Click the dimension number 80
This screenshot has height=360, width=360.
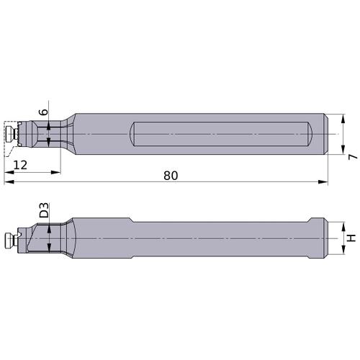pos(171,176)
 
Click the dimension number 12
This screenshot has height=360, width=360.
pos(20,165)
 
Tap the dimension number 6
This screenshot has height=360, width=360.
pos(44,112)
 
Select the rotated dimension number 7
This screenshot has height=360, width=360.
pos(352,157)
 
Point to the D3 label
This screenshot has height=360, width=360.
pos(44,210)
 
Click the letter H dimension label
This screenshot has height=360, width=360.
pos(351,238)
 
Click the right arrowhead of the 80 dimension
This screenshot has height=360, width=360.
pos(323,182)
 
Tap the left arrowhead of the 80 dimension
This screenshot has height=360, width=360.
pos(9,182)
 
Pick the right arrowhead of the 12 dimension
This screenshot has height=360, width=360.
pos(55,172)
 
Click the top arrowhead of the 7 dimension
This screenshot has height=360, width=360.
pos(343,119)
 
